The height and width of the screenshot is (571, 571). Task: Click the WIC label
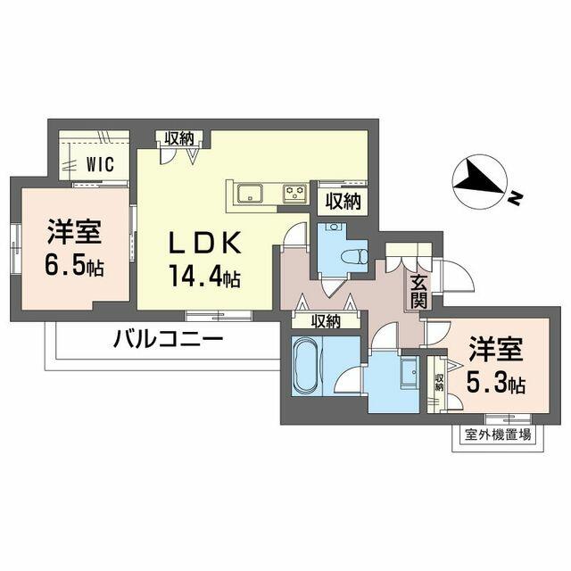point(100,164)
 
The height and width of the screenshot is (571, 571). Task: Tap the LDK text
point(204,243)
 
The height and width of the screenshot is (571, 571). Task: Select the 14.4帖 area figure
point(204,277)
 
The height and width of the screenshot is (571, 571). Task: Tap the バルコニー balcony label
point(169,339)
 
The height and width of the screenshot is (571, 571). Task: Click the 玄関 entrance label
point(418,292)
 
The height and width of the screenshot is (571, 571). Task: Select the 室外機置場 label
point(498,434)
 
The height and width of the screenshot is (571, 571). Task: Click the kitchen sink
point(250,194)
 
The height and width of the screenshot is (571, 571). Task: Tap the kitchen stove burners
point(295,193)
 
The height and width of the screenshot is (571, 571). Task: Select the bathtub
point(305,365)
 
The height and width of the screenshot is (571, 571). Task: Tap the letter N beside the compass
point(516,198)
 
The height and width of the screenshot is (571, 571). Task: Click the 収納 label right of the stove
point(343,201)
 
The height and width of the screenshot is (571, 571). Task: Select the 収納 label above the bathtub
point(326,321)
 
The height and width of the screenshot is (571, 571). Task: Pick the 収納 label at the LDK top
point(179,138)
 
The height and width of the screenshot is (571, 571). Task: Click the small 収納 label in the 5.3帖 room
point(439,382)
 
